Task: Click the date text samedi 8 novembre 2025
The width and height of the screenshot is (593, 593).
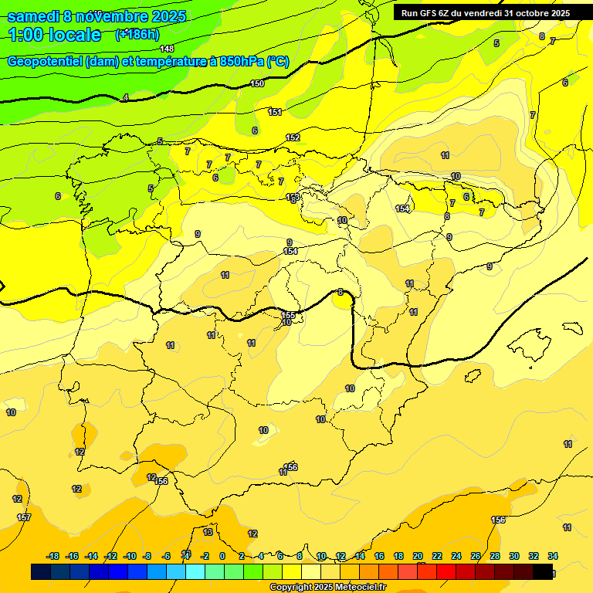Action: tap(96, 16)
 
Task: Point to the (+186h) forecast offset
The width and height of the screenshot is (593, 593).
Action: tap(137, 34)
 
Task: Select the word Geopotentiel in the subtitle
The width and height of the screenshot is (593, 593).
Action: tap(46, 62)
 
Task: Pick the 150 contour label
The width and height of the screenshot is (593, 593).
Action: tap(257, 83)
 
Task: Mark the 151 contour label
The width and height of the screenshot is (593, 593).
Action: tap(275, 112)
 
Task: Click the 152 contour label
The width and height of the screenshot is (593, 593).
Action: tap(293, 137)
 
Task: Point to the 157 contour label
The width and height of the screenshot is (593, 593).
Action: tap(24, 517)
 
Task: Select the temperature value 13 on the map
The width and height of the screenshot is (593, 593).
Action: tap(208, 532)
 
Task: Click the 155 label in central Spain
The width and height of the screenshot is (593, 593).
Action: tap(288, 315)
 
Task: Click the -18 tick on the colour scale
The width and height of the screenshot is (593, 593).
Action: tap(53, 556)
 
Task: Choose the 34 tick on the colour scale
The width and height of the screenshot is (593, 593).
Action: tap(553, 556)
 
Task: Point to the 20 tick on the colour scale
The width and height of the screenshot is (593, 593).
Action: tap(418, 556)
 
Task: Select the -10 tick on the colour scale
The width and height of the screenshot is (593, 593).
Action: tap(130, 556)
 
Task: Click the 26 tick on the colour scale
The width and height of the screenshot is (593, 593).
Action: tap(476, 556)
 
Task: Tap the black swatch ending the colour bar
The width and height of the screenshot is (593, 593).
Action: tap(543, 571)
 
